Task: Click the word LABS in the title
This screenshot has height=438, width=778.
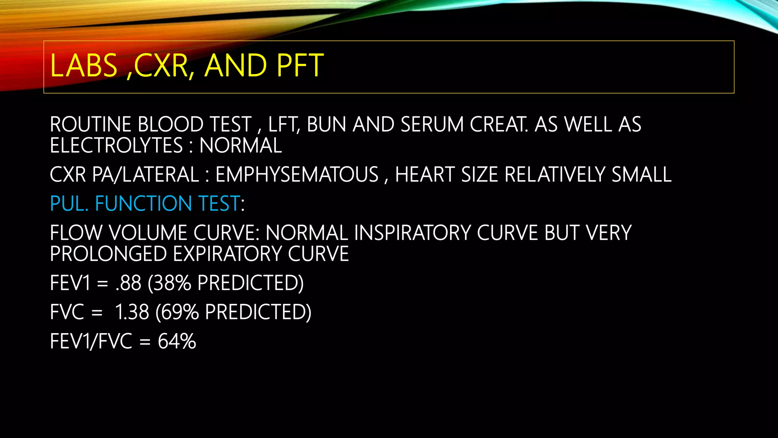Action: click(x=84, y=65)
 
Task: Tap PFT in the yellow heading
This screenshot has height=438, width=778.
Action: click(x=300, y=65)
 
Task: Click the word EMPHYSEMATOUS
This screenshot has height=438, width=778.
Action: click(x=297, y=175)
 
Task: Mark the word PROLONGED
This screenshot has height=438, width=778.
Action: click(x=108, y=254)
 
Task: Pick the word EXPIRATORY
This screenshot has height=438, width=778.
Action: click(x=227, y=254)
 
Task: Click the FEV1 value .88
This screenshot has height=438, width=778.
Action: click(x=128, y=283)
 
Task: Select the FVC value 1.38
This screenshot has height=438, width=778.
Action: click(x=132, y=312)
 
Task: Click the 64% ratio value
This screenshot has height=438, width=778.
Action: click(x=177, y=341)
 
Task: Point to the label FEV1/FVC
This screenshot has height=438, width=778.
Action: click(x=91, y=341)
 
